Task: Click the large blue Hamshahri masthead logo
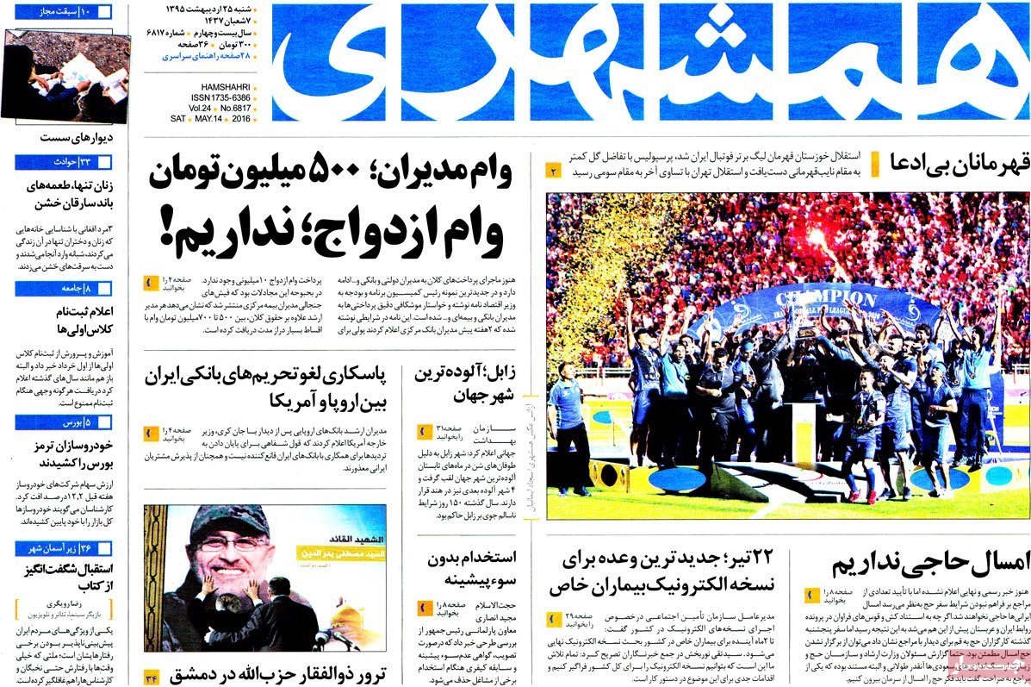(x=650, y=62)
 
